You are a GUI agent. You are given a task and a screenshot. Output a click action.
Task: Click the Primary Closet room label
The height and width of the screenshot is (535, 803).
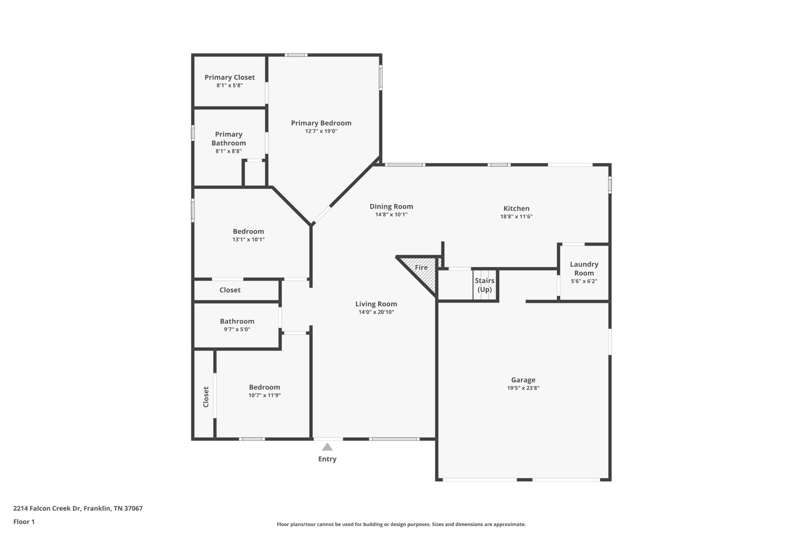tap(229, 77)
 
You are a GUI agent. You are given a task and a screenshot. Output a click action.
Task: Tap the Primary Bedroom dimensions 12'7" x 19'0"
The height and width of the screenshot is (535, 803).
tap(321, 131)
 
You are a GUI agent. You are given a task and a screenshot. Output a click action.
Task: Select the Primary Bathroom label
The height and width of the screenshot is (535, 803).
tap(229, 139)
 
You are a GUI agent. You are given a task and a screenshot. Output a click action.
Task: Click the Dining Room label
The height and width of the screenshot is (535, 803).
tap(391, 207)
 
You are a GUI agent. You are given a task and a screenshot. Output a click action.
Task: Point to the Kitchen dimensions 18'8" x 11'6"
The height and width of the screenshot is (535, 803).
tap(516, 216)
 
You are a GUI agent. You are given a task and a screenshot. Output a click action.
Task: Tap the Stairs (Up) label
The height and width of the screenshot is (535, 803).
tap(485, 285)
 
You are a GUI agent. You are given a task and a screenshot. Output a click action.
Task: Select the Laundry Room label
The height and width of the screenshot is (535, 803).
tap(584, 268)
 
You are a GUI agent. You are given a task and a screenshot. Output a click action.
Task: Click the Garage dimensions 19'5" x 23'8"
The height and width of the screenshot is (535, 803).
tap(523, 388)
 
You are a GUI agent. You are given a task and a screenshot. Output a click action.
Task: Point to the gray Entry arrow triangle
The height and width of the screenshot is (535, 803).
tap(327, 447)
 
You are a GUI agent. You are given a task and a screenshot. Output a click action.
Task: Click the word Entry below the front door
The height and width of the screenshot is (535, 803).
tap(327, 459)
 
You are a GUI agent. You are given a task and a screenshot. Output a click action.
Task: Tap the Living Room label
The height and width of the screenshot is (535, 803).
tap(376, 304)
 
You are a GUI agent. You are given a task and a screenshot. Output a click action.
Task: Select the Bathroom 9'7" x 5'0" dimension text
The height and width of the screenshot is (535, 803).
tap(237, 329)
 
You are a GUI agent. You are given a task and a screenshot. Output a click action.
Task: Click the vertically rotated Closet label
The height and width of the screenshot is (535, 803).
tap(206, 397)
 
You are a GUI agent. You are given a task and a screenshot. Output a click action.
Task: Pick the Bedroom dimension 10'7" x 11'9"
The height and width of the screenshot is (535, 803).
tap(264, 395)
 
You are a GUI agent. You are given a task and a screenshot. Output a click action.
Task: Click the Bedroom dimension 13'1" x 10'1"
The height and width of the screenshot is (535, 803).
tap(248, 239)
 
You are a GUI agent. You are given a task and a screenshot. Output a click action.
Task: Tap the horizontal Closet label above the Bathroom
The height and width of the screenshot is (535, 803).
tap(230, 290)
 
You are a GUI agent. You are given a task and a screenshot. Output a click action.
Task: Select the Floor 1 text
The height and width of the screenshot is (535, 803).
tap(24, 522)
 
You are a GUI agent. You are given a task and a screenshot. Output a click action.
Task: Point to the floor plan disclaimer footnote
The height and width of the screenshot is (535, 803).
tap(401, 524)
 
